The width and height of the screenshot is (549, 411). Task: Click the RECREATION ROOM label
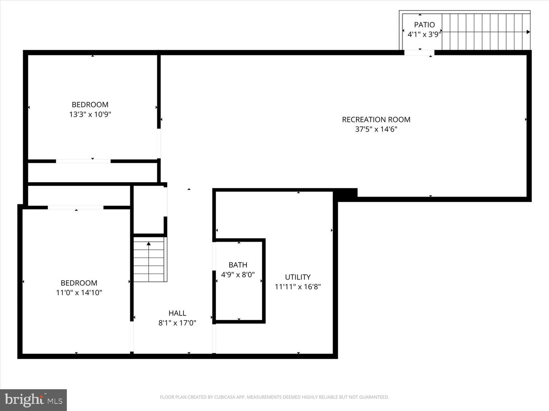click(376, 119)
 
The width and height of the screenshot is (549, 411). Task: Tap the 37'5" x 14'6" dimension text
click(376, 129)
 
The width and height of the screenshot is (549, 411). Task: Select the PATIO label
click(424, 25)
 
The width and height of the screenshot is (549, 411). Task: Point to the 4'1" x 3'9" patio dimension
click(424, 34)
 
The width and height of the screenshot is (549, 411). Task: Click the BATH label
click(238, 265)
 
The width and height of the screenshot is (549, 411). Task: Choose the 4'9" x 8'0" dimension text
click(238, 274)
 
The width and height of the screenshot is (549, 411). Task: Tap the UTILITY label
click(298, 277)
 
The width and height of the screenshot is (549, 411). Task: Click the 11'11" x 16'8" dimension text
click(298, 287)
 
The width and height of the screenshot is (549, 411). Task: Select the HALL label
click(177, 313)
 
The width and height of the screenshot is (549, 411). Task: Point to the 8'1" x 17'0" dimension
click(177, 323)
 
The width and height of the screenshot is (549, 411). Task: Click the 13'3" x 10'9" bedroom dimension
click(90, 114)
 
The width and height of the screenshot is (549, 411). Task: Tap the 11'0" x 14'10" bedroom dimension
click(79, 293)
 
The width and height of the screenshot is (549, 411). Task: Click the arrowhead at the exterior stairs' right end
click(528, 32)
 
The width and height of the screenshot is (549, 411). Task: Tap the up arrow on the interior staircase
click(149, 244)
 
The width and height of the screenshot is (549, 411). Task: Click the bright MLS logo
click(34, 400)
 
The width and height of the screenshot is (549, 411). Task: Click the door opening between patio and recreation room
click(419, 53)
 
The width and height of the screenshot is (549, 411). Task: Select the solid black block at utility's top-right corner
click(346, 193)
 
